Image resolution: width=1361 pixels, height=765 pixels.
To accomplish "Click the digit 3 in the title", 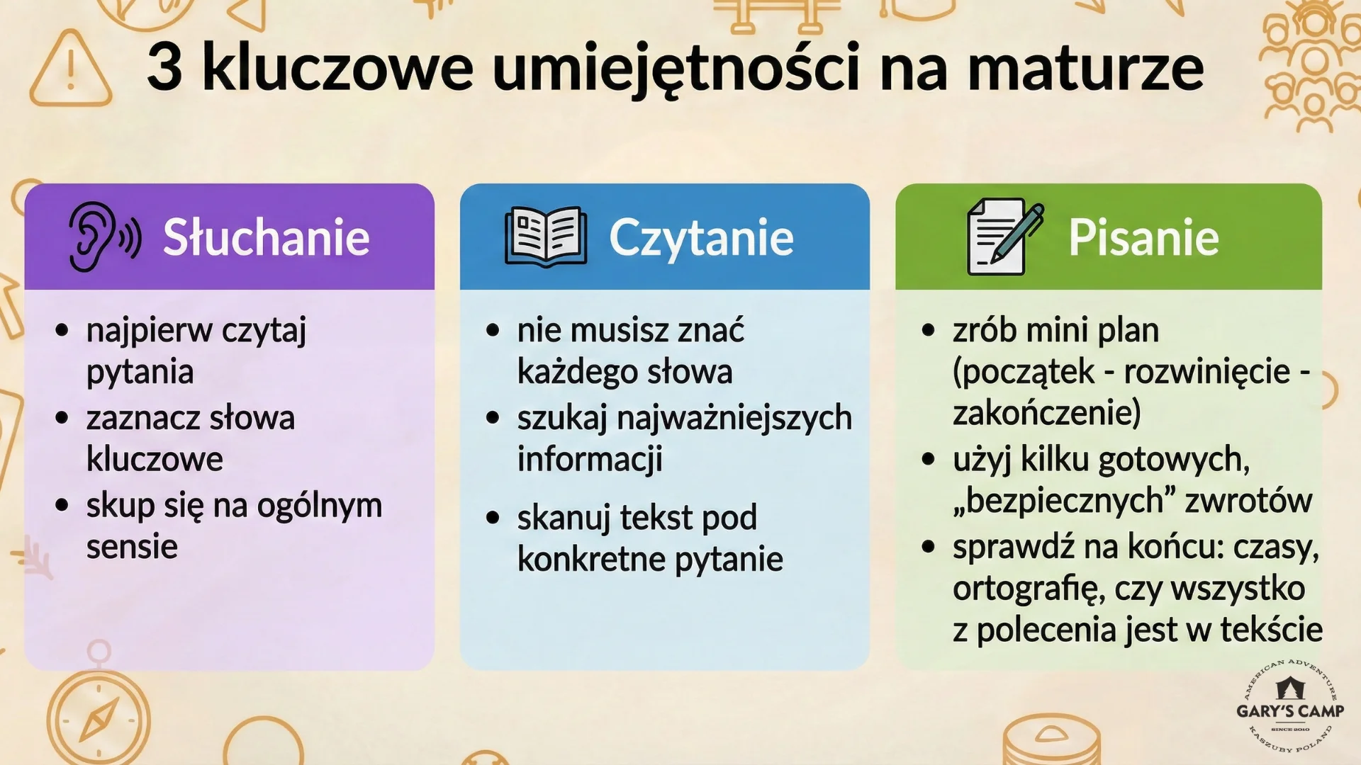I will click(164, 67).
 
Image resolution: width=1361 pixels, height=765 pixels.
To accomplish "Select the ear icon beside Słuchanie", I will click(103, 237).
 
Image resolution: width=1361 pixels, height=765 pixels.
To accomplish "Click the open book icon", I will click(545, 237).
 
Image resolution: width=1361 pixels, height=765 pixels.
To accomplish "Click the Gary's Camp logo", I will click(1290, 706).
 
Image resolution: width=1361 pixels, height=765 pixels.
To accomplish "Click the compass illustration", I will click(99, 717).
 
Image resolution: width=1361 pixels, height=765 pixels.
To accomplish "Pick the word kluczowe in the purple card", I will click(155, 460).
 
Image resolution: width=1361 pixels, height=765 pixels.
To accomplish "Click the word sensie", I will click(132, 547).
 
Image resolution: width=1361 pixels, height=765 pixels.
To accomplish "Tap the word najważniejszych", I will click(734, 418).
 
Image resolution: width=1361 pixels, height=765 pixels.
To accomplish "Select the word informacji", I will click(590, 459).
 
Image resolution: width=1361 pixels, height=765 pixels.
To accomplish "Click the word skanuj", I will click(564, 518).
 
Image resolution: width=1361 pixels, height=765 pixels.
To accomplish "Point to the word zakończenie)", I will click(1046, 412).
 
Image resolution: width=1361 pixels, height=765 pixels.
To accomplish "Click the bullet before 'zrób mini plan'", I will click(928, 330).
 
